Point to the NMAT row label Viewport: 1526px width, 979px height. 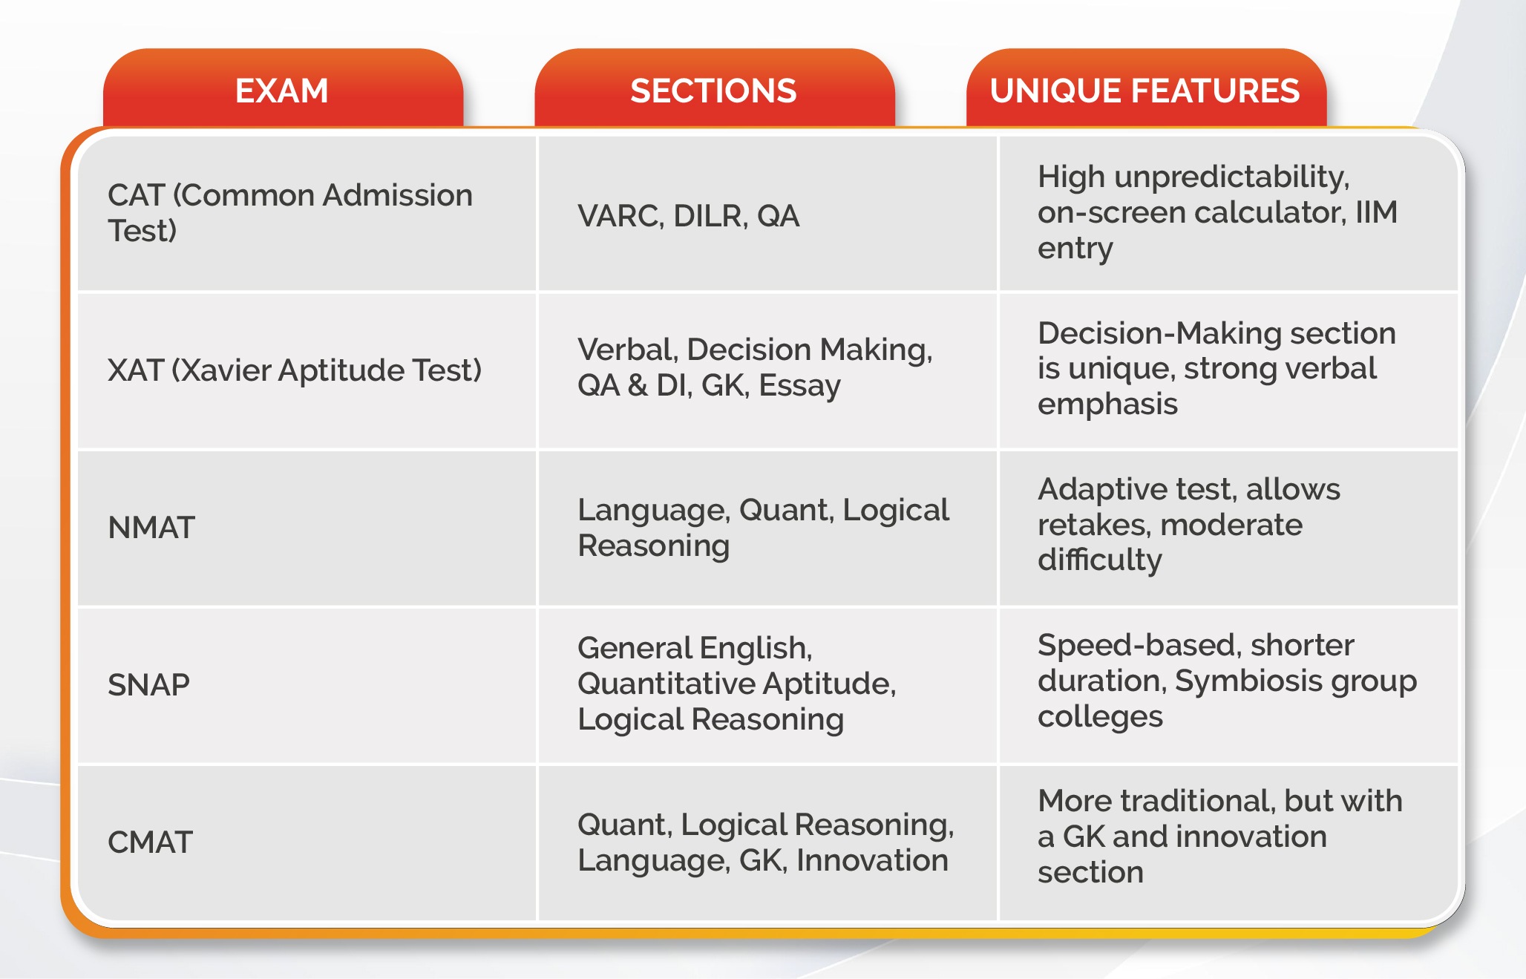click(151, 528)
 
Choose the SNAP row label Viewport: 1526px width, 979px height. click(148, 685)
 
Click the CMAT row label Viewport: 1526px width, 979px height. click(150, 842)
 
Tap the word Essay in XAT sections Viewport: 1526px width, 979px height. click(799, 386)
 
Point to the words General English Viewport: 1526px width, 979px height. click(695, 649)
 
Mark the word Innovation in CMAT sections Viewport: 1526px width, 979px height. click(872, 860)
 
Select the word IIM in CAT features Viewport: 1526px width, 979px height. click(1377, 212)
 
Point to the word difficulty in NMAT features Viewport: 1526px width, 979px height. click(1100, 560)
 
